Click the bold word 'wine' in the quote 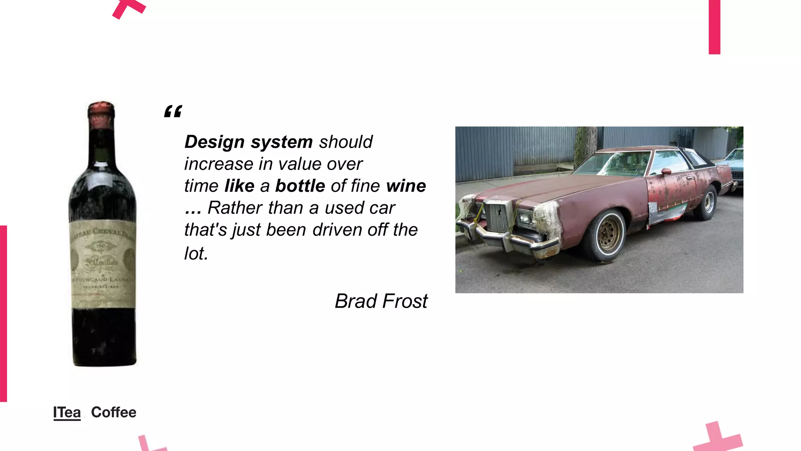(x=406, y=186)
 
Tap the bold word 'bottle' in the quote (x=300, y=186)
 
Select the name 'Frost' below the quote (x=405, y=301)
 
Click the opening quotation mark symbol (x=173, y=112)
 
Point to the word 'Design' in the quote (x=214, y=142)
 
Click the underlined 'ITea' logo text (x=67, y=412)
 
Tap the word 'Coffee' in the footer (x=113, y=412)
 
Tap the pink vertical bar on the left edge (x=3, y=313)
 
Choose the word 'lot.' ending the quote (x=196, y=253)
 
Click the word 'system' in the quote (x=282, y=142)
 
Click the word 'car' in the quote (x=382, y=208)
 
